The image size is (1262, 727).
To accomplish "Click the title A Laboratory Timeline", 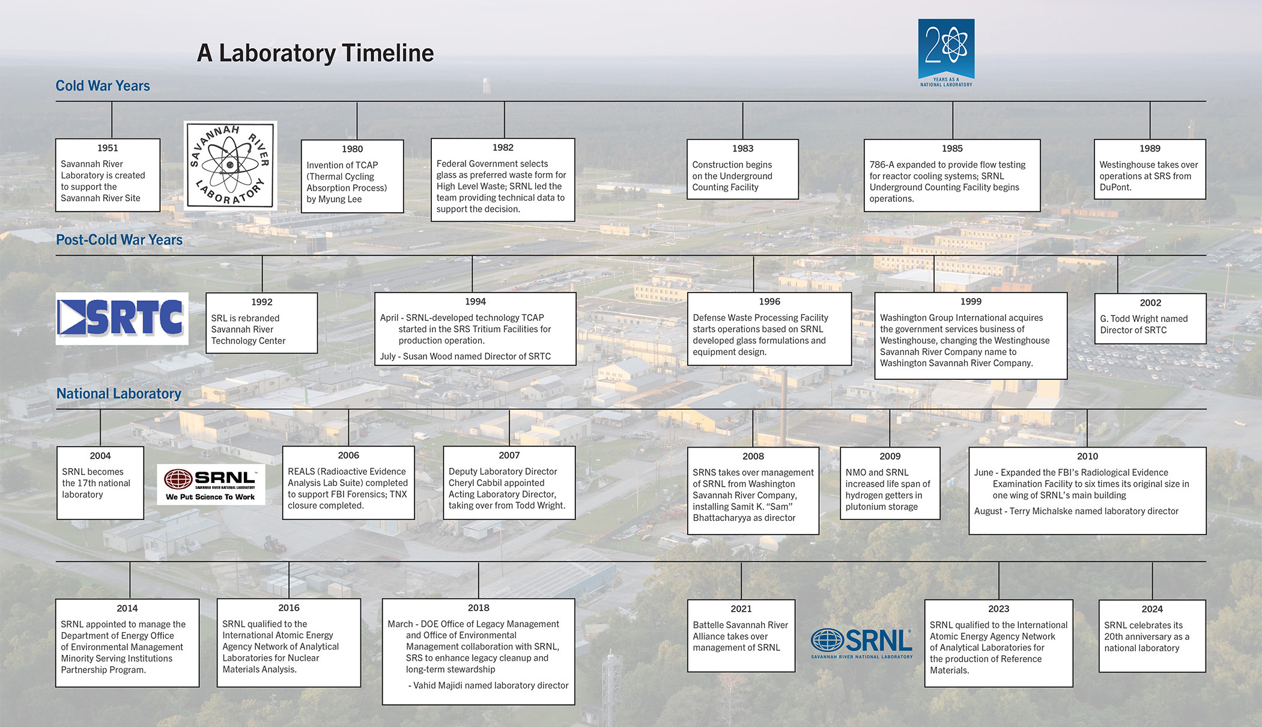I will click(315, 53).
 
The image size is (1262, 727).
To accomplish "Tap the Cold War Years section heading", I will click(103, 86).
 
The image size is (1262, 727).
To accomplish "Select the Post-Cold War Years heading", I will click(119, 240).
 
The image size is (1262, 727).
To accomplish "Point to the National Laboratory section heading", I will click(118, 394).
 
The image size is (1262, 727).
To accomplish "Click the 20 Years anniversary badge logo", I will click(946, 53).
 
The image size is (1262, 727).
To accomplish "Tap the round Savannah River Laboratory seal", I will click(230, 165).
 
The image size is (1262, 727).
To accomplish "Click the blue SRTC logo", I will click(121, 318).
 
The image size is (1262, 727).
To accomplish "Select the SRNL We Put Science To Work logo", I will click(211, 484).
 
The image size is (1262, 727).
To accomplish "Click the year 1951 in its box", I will click(108, 148).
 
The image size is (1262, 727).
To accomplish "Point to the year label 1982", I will click(503, 147).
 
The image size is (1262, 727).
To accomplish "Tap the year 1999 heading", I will click(971, 302).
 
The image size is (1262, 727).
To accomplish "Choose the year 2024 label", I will click(1152, 609).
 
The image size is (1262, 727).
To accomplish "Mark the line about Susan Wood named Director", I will click(466, 356).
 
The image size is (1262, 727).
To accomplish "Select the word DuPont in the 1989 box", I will click(1115, 187).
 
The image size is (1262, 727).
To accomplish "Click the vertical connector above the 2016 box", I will click(289, 580).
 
